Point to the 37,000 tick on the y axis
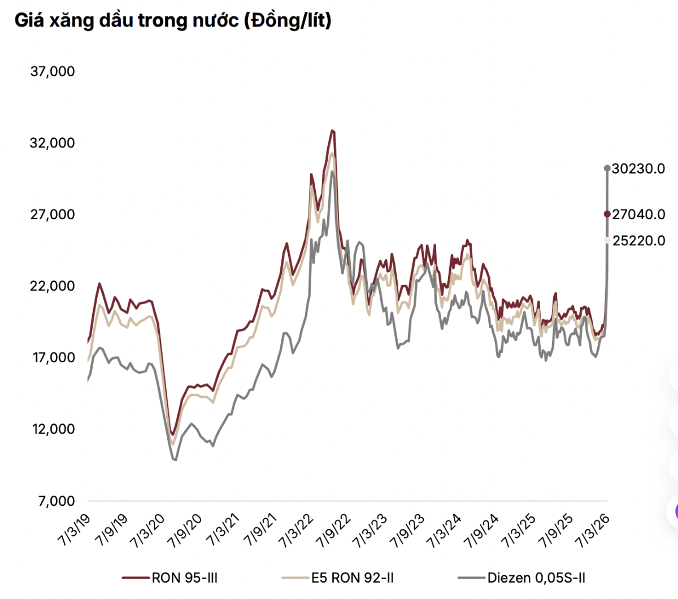53,71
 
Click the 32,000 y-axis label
53,143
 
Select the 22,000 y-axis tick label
53,286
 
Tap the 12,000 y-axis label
53,429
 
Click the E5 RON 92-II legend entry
338,578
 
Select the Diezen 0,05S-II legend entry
521,578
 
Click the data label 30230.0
638,168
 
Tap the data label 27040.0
638,214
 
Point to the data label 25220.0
638,241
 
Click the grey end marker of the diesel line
607,168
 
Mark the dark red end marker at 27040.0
607,214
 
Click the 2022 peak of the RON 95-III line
332,131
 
